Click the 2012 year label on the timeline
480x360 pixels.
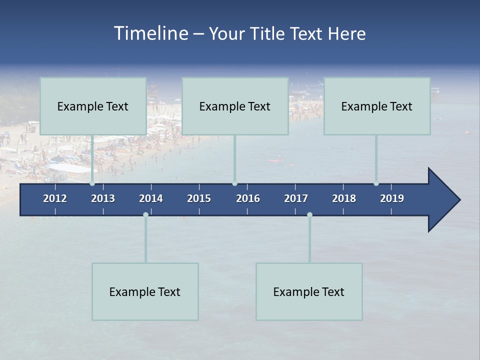pos(55,198)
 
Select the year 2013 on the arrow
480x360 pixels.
pos(103,198)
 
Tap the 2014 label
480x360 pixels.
pos(151,198)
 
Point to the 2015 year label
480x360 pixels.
pos(199,198)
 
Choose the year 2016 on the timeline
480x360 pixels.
pos(248,198)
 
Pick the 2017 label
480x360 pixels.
pos(296,198)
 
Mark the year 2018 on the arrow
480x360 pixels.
pos(344,198)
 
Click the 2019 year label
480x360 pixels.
pos(392,198)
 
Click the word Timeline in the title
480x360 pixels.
pos(150,33)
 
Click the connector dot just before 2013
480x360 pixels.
pos(92,183)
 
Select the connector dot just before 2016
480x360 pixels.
pos(234,183)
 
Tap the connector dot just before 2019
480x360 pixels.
pos(376,183)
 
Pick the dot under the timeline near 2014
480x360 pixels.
pos(145,215)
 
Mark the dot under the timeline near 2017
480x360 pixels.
pos(309,215)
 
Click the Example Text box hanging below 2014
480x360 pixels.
pos(145,291)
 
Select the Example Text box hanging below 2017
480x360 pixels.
pos(309,291)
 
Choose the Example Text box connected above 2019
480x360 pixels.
pos(377,106)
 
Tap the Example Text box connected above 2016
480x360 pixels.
pos(235,106)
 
